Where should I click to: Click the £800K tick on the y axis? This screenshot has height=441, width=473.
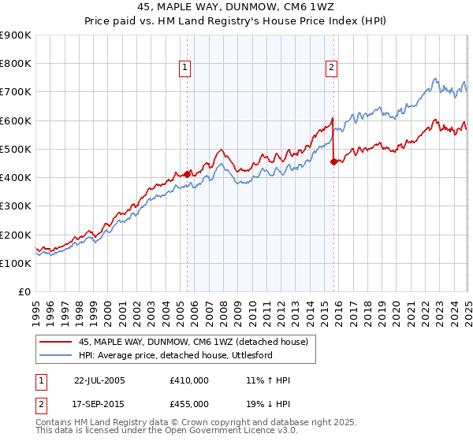coord(16,64)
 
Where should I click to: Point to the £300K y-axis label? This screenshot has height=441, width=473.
coord(16,206)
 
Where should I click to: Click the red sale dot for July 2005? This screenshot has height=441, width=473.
coord(188,174)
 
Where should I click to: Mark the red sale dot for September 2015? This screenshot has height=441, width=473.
coord(333,161)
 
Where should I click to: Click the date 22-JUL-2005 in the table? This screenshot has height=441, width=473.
coord(99,380)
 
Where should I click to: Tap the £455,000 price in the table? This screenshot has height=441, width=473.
coord(189,403)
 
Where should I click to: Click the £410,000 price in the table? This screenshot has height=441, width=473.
coord(189,380)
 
